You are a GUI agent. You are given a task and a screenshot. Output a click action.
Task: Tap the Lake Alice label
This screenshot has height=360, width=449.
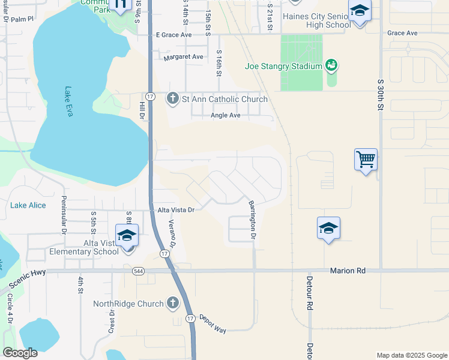pyautogui.click(x=28, y=205)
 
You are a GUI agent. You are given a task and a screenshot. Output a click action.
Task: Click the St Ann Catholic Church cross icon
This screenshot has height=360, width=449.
pyautogui.click(x=173, y=98)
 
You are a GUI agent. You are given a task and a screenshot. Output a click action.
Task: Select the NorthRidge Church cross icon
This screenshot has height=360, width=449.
pyautogui.click(x=173, y=303)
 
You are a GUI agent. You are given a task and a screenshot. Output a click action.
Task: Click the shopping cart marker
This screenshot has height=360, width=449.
pyautogui.click(x=366, y=160)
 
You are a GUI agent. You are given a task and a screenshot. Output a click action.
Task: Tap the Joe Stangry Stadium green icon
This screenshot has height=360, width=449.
pyautogui.click(x=331, y=65)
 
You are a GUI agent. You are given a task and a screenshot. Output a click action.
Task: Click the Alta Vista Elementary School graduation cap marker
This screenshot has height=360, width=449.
pyautogui.click(x=127, y=236)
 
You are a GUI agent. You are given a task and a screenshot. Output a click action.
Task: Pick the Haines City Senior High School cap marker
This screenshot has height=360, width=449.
pyautogui.click(x=360, y=11)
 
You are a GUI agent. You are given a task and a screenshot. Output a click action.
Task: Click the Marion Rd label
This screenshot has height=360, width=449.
pyautogui.click(x=348, y=271)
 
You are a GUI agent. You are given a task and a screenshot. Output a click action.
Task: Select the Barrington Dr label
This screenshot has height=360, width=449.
pyautogui.click(x=253, y=220)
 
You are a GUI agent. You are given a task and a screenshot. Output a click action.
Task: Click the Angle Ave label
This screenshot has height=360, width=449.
pyautogui.click(x=226, y=115)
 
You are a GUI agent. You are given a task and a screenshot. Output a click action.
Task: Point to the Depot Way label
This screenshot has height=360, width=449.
pyautogui.click(x=212, y=324)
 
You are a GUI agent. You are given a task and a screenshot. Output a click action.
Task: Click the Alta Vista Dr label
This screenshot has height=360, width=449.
pyautogui.click(x=176, y=210)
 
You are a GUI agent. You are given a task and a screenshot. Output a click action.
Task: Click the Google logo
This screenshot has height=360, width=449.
pyautogui.click(x=20, y=353)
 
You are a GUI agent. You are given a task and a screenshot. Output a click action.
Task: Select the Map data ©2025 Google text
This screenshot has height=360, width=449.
pyautogui.click(x=411, y=355)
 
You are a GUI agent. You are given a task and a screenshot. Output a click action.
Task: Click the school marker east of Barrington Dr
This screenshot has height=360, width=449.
pyautogui.click(x=328, y=229)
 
